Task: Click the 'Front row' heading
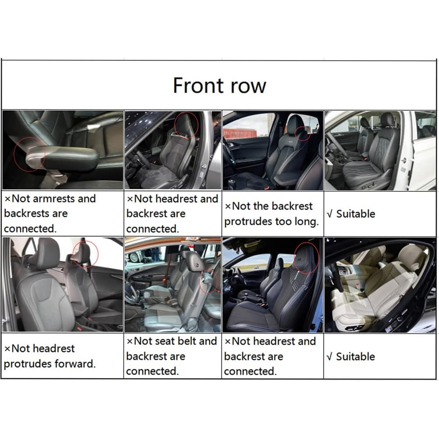tap(219, 86)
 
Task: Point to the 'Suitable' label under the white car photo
tap(356, 214)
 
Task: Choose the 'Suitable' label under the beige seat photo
tap(356, 356)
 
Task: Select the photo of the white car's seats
tap(380, 150)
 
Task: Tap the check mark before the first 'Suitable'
tap(330, 214)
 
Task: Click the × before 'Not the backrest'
tap(228, 206)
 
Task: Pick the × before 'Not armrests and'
tap(8, 199)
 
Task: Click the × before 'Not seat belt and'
tap(130, 341)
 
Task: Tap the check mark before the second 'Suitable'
tap(330, 357)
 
